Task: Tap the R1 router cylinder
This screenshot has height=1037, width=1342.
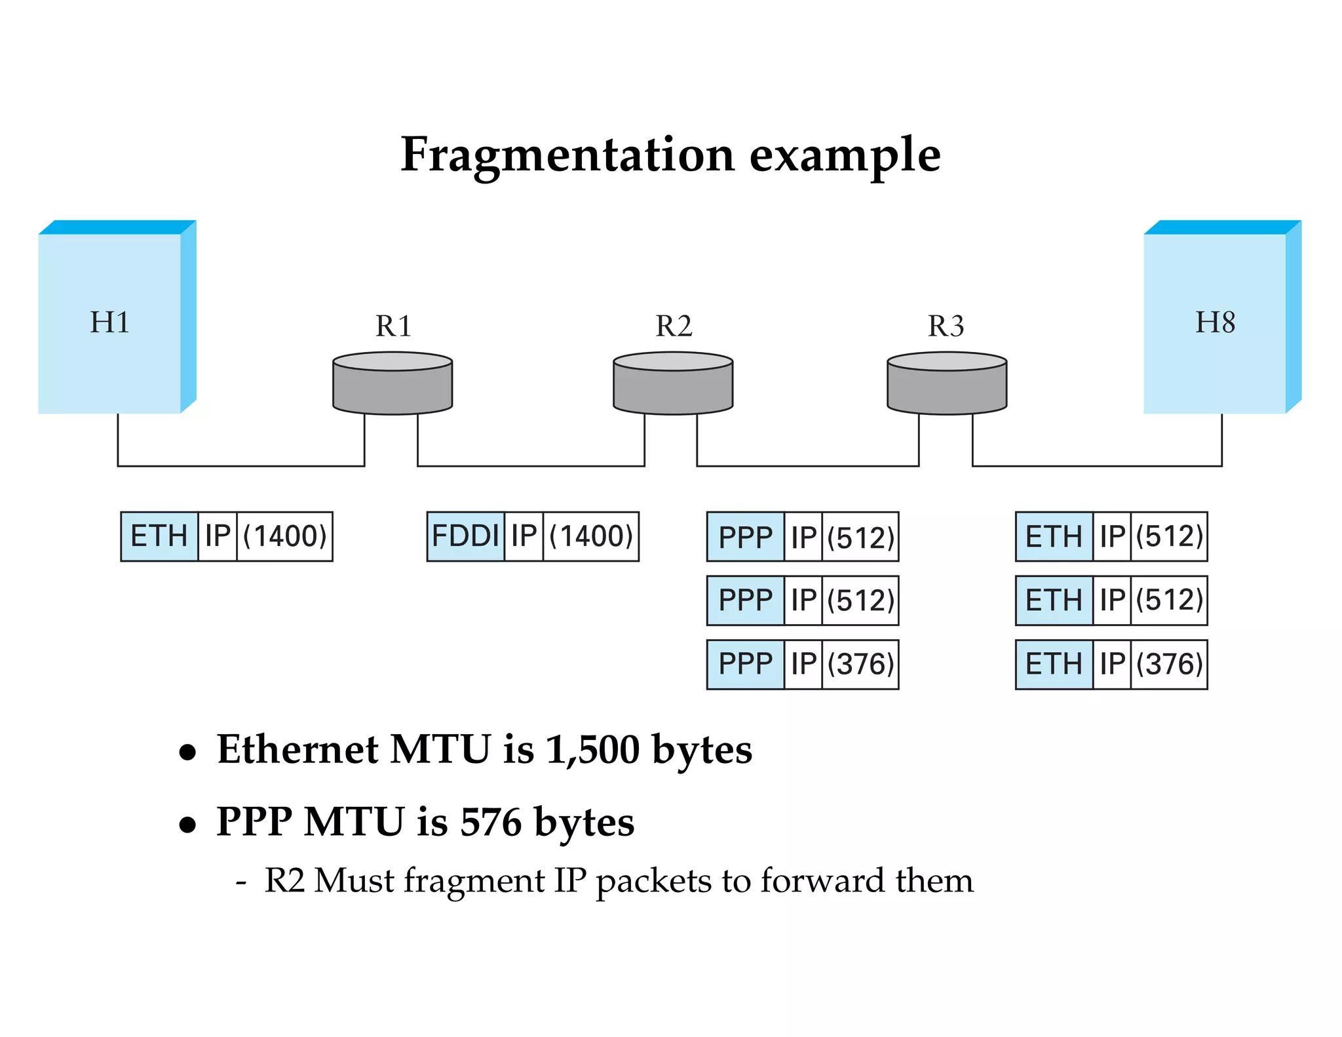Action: (x=393, y=384)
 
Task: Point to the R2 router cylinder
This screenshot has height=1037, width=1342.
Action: (x=673, y=384)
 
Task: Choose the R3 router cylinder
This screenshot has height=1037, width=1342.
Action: (x=947, y=384)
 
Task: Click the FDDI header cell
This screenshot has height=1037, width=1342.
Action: (x=466, y=536)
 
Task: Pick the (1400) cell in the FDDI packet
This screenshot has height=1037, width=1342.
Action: (x=590, y=536)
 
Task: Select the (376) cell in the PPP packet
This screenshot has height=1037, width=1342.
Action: (x=860, y=665)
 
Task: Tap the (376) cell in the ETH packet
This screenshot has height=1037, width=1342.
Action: (x=1169, y=665)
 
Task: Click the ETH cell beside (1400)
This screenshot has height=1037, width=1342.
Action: (x=159, y=536)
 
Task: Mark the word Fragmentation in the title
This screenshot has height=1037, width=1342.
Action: (x=567, y=155)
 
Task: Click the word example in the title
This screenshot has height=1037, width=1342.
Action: (x=845, y=155)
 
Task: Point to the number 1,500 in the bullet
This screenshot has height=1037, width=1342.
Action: (x=592, y=749)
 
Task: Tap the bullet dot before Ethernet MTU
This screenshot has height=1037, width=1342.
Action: (x=188, y=753)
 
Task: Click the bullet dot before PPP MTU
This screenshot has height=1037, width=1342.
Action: (x=188, y=825)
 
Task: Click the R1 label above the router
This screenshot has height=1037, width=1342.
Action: (x=393, y=326)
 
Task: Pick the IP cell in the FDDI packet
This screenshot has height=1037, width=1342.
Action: (x=524, y=536)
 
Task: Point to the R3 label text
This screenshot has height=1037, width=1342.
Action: (x=946, y=326)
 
